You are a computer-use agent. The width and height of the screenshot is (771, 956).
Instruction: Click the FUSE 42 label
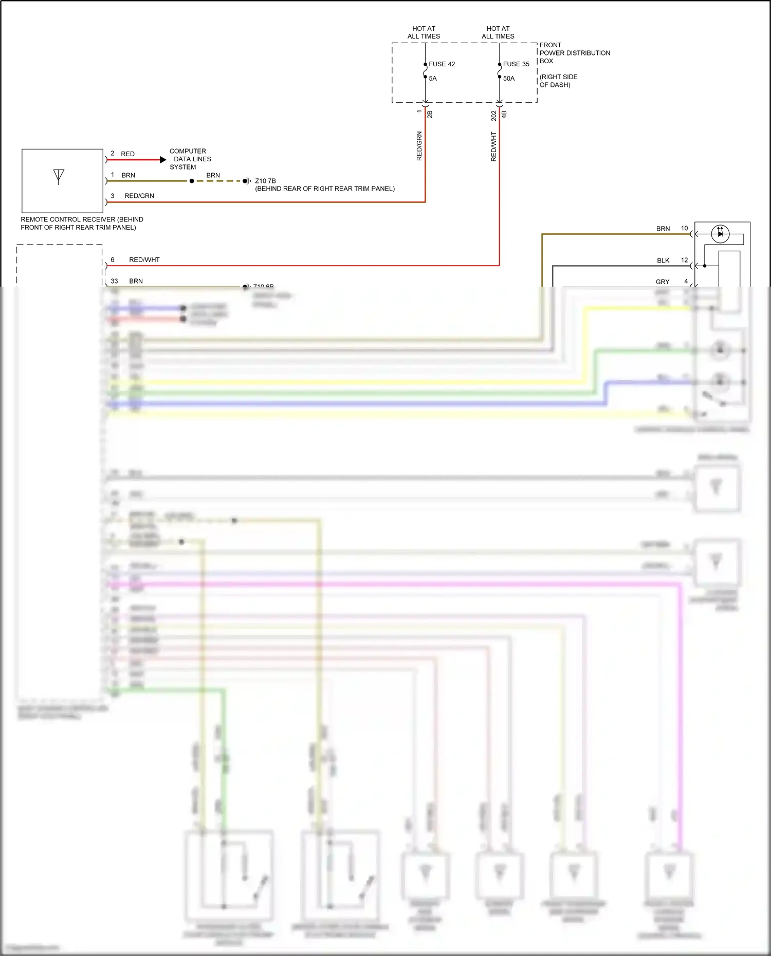tap(442, 64)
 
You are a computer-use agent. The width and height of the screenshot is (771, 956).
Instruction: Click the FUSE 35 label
tap(516, 64)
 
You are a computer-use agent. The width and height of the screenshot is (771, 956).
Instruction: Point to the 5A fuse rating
tap(433, 79)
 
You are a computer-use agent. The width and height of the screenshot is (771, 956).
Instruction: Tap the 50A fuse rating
tap(508, 79)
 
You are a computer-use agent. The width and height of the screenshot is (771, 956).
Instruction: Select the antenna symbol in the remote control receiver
tap(59, 177)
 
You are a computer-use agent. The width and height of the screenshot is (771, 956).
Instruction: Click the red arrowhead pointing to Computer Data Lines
tap(163, 160)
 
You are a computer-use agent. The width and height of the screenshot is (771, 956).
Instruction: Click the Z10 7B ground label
tap(265, 181)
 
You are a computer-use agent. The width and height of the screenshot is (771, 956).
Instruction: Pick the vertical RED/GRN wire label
tap(419, 146)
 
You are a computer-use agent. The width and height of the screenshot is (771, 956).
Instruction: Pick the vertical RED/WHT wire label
tap(493, 147)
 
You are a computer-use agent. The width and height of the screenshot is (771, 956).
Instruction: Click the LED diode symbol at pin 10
tap(720, 234)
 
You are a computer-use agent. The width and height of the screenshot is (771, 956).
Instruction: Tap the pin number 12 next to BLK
tap(684, 260)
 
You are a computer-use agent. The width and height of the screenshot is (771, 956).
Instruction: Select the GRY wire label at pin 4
tap(662, 282)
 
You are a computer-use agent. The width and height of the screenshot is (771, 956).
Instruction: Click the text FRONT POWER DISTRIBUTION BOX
tap(574, 53)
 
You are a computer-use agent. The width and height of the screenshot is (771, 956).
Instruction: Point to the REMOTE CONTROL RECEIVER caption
tap(82, 223)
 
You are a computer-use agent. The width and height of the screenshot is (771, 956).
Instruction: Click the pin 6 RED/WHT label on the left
tap(144, 260)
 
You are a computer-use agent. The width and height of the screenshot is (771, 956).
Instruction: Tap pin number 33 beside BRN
tap(114, 281)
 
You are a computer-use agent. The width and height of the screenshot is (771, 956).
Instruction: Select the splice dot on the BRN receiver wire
tap(192, 181)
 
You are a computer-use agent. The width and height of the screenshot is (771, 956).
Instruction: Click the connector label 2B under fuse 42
tap(430, 115)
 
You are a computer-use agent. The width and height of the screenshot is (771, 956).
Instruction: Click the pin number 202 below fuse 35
tap(493, 116)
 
